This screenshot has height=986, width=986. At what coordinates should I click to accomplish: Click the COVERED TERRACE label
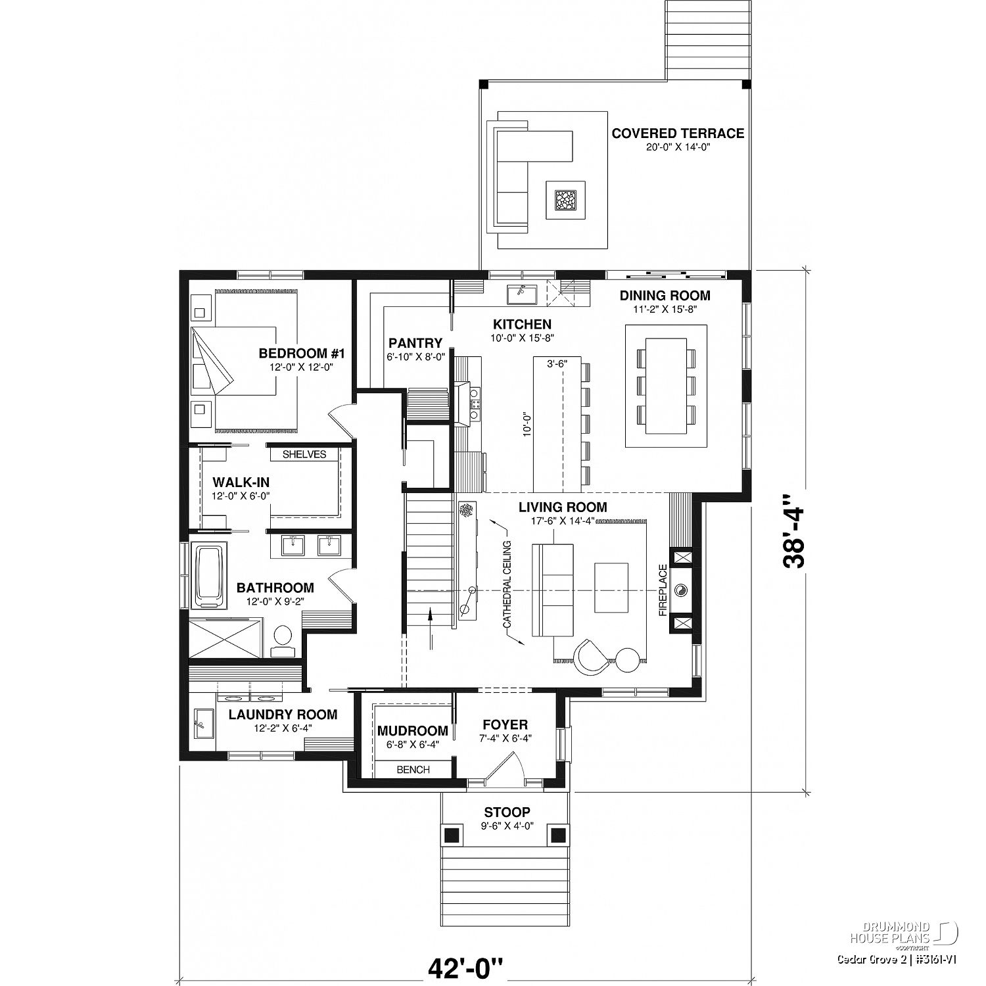678,133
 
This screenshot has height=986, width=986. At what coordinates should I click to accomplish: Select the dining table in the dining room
667,385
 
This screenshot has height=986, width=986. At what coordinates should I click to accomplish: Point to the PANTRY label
415,343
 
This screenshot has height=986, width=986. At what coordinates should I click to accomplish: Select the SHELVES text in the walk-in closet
304,454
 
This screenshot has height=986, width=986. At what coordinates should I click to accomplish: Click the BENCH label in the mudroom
413,770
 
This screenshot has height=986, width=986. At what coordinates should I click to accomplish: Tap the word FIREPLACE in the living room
663,590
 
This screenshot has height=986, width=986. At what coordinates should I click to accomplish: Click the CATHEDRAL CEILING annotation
507,584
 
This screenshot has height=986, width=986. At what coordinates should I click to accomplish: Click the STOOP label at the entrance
507,812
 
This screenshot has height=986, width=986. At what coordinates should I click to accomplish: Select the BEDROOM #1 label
302,354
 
